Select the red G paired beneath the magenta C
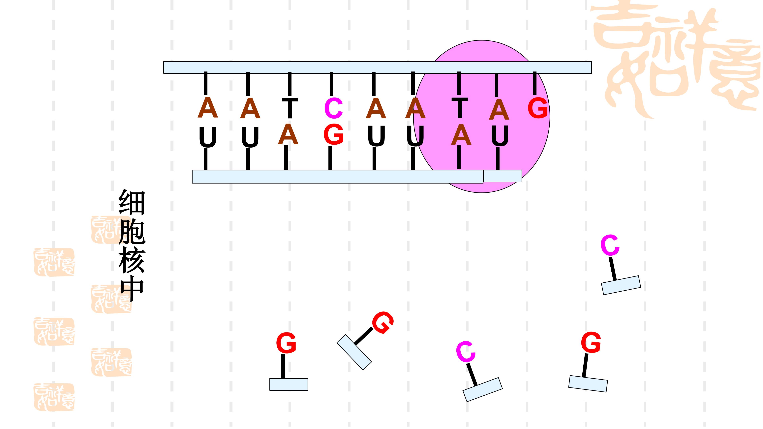(x=334, y=134)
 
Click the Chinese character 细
(x=132, y=203)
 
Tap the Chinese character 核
(x=132, y=261)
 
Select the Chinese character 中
(x=132, y=290)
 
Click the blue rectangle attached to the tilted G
(x=354, y=352)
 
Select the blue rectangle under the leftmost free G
(x=289, y=384)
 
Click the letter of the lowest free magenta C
(x=466, y=352)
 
